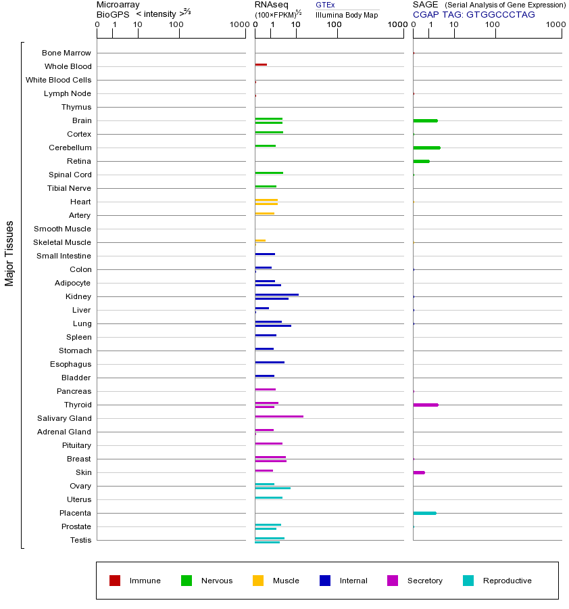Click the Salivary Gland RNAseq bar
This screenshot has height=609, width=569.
pos(279,416)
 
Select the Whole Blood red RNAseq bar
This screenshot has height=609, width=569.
pos(261,64)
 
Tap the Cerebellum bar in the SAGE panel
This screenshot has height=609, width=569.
pos(426,148)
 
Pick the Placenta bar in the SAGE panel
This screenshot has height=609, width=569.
pos(424,513)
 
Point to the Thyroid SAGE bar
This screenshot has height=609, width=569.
pos(426,405)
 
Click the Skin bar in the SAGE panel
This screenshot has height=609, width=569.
pos(419,472)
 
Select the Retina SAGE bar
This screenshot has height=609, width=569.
pos(421,161)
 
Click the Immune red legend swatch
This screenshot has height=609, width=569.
pos(115,581)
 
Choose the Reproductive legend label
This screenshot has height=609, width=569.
pos(507,581)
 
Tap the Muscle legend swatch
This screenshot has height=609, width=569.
pos(258,581)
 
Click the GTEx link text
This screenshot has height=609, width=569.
pos(325,5)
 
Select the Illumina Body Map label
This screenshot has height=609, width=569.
pos(347,15)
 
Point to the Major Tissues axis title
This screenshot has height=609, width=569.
pos(9,252)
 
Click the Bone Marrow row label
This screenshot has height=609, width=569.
pos(66,53)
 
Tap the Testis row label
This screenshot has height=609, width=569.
pos(80,540)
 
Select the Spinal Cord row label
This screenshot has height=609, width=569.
pos(70,175)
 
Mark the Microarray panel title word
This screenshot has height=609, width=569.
pos(118,5)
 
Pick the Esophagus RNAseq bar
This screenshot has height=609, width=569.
pos(270,362)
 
